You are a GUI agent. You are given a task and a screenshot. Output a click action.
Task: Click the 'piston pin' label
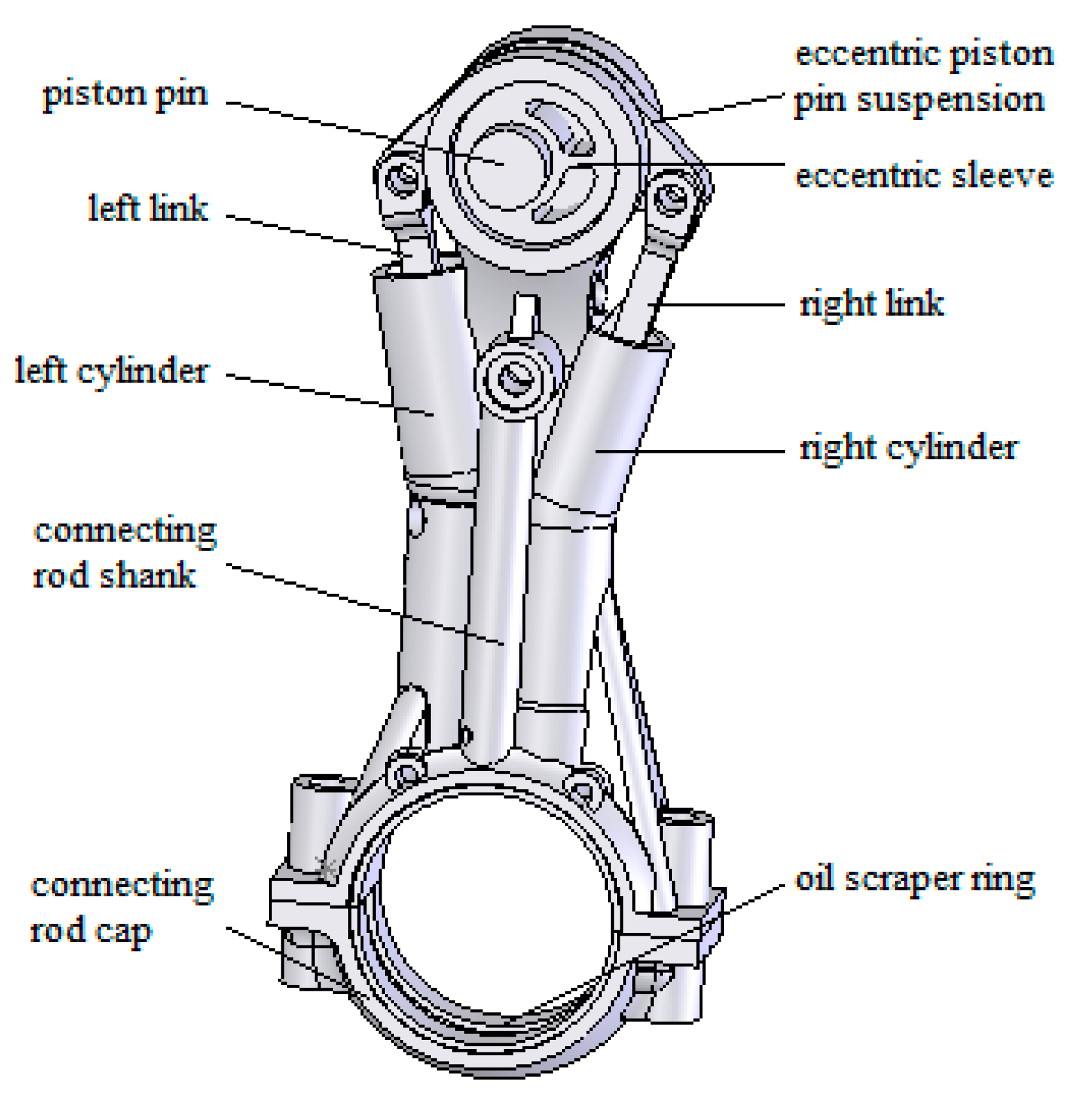125,94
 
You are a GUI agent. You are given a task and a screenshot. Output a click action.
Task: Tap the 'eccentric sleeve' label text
923,176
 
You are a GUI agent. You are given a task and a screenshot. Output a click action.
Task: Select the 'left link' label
148,208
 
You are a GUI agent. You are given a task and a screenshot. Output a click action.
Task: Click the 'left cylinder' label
111,371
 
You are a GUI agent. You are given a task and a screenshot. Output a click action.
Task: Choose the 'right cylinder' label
908,448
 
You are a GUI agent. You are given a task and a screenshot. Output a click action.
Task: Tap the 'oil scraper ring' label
915,879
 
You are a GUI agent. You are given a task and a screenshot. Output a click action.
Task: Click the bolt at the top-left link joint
402,176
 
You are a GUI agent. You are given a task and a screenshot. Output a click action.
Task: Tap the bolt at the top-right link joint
670,196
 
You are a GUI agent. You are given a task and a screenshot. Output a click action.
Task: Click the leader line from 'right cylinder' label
708,451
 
